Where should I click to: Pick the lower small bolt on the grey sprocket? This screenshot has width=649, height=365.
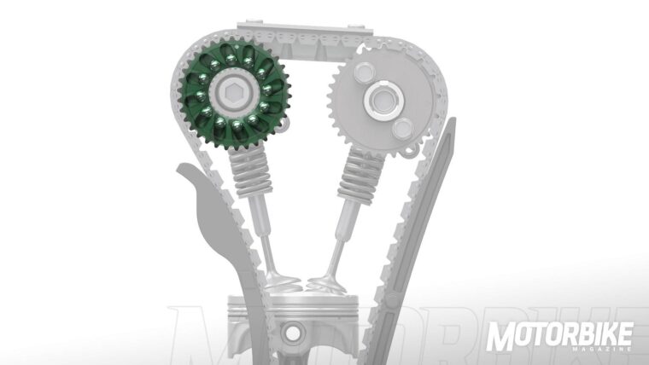[x=400, y=129]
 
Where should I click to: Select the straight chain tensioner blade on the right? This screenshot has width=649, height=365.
[x=433, y=222]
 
